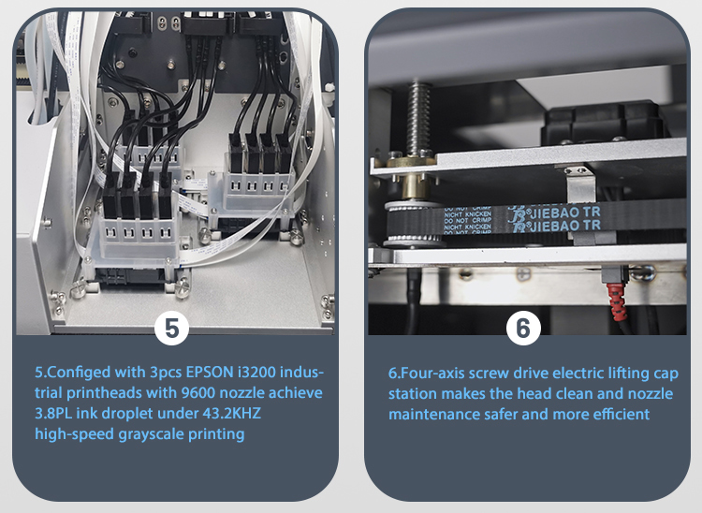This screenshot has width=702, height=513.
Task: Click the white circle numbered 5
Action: coord(171,329)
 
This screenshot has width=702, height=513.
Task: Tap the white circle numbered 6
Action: coord(523,329)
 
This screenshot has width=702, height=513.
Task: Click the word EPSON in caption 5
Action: coord(210,372)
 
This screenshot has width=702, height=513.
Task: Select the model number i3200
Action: coord(258,372)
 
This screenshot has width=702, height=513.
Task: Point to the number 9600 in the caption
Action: coord(198,392)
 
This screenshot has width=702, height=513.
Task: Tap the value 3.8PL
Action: coord(53,413)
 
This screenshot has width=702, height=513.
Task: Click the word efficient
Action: coord(622,414)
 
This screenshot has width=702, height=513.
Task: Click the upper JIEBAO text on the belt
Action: coord(557,212)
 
